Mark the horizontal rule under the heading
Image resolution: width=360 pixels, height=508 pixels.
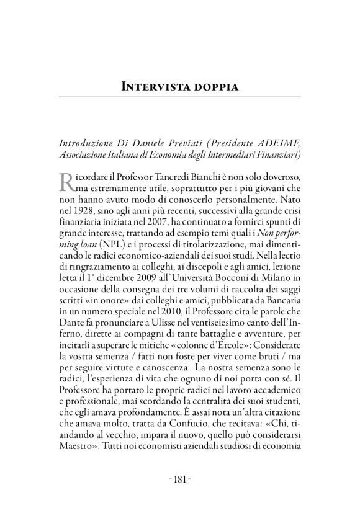pos(180,98)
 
